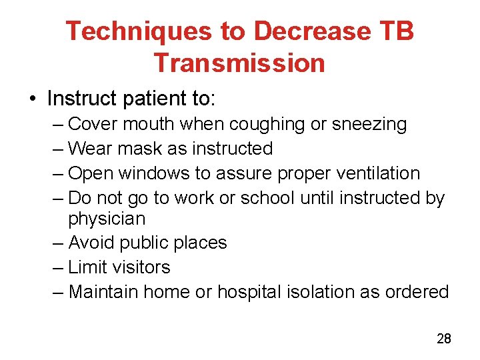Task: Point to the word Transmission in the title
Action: [239, 63]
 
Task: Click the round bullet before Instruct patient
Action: [33, 100]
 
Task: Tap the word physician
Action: [107, 219]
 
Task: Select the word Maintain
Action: [103, 291]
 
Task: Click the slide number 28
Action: [443, 339]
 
